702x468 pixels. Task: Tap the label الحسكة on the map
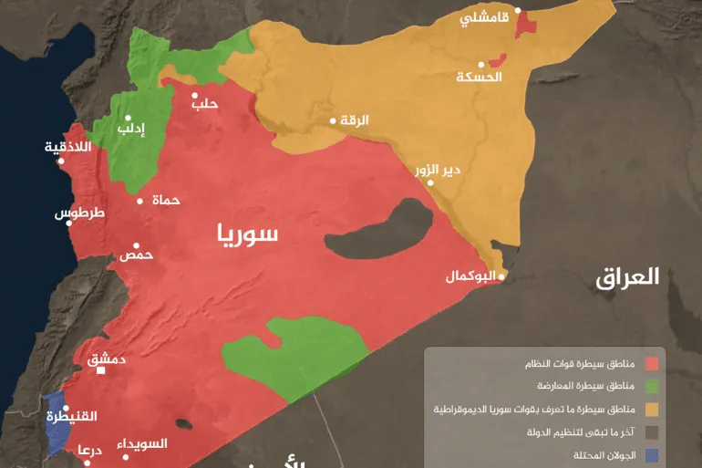point(479,77)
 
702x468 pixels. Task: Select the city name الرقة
point(355,120)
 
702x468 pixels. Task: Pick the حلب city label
point(205,104)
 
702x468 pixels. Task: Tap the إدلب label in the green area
point(130,130)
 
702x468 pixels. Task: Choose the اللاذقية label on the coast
point(67,147)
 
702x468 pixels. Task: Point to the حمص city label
point(136,255)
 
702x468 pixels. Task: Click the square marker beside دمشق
point(101,369)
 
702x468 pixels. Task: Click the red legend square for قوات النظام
point(651,364)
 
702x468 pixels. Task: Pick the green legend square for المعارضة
point(651,387)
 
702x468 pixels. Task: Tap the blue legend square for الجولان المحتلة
point(651,454)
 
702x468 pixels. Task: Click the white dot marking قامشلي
point(518,11)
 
